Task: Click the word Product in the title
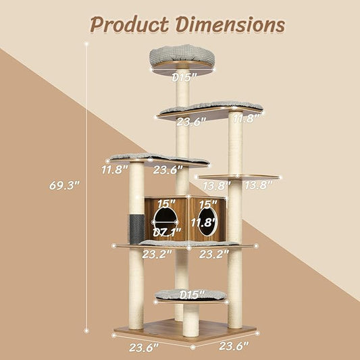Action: click(x=128, y=24)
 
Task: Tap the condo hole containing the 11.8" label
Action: click(x=207, y=224)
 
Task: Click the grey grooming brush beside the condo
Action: click(x=132, y=227)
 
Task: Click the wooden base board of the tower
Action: click(x=184, y=331)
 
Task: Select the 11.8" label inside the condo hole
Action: click(x=206, y=222)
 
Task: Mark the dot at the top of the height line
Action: click(x=87, y=41)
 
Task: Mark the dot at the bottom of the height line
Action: click(x=87, y=330)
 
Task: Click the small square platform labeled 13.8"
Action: click(x=238, y=177)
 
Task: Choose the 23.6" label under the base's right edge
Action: click(x=233, y=346)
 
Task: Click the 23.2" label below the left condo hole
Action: click(x=157, y=254)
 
